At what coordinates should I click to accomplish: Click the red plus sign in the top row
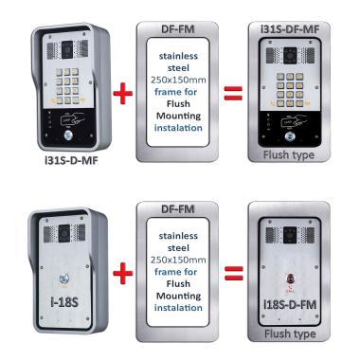coord(123,94)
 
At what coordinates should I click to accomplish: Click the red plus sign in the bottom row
coord(123,273)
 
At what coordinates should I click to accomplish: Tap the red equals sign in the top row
coord(233,94)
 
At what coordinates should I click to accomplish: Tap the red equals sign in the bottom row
coord(234,273)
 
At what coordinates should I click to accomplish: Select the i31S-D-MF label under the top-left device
coord(71,161)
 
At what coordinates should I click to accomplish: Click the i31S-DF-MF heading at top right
coord(290,29)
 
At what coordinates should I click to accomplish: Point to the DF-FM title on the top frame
coord(177,29)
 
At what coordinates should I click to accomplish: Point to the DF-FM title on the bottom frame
coord(177,208)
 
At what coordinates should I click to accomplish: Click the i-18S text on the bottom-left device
coord(64,302)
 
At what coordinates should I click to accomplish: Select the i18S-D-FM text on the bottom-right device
coord(290,305)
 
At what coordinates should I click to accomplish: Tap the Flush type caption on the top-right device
coord(289,155)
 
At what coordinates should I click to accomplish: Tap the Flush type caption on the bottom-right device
coord(290,333)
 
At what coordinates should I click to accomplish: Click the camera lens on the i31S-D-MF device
coord(67,49)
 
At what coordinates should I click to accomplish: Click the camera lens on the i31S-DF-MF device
coord(290,56)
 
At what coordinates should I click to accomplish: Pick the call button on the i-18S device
coord(63,279)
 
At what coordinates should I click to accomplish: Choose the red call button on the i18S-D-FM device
coord(290,279)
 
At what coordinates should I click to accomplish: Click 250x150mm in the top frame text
coord(178,80)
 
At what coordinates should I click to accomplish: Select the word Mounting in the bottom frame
coord(178,297)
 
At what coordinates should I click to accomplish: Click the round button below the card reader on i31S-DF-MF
coord(290,136)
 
